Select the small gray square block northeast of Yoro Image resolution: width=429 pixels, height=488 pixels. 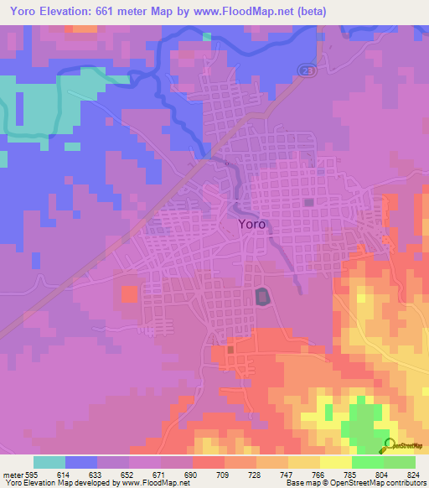pyautogui.click(x=309, y=202)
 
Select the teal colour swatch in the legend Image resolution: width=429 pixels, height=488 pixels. pyautogui.click(x=49, y=462)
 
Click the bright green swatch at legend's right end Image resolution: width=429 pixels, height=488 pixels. pyautogui.click(x=400, y=462)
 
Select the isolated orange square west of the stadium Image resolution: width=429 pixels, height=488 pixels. pyautogui.click(x=129, y=294)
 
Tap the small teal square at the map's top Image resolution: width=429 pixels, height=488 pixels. pyautogui.click(x=207, y=36)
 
